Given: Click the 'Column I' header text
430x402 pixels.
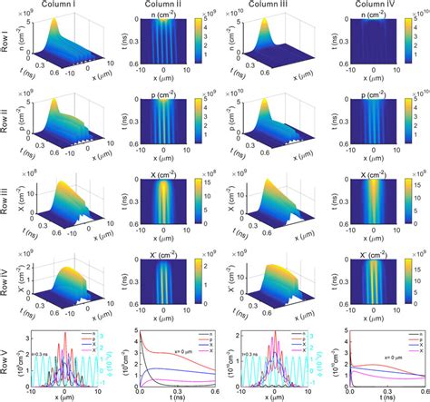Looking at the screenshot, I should [x=64, y=5].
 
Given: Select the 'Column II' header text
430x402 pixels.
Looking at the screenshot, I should [x=166, y=5].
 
